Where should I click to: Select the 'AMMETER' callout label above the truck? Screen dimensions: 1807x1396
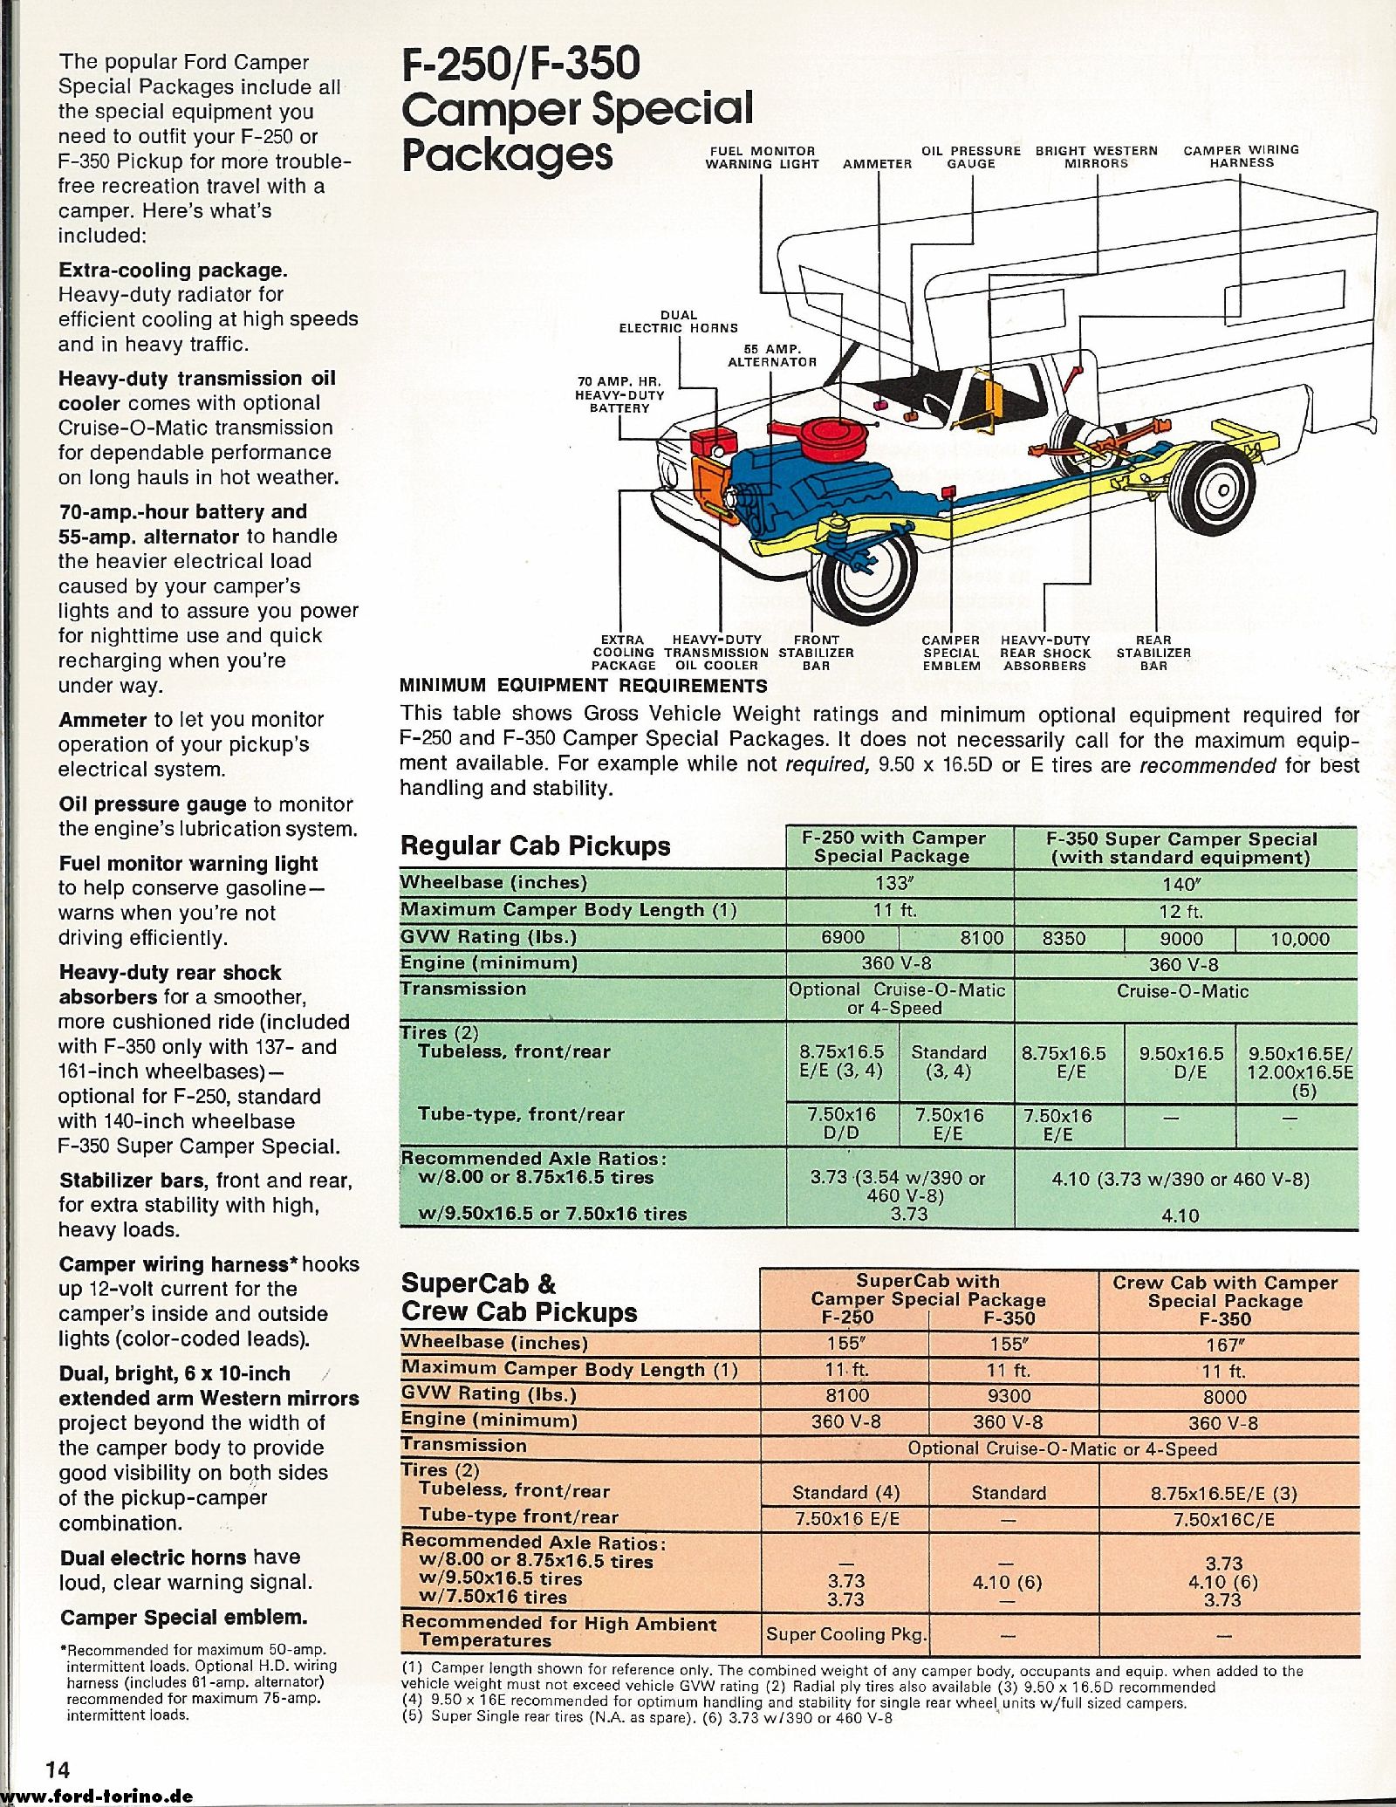tap(877, 163)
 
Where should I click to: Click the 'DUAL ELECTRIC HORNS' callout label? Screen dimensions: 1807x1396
tap(678, 321)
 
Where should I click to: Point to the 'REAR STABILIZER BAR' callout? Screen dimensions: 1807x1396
tap(1153, 653)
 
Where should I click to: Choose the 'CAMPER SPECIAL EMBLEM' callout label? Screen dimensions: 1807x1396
tap(951, 653)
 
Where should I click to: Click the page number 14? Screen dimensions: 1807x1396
tap(58, 1768)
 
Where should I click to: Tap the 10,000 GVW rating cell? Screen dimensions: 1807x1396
tap(1299, 939)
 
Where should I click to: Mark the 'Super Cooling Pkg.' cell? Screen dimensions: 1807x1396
tap(846, 1633)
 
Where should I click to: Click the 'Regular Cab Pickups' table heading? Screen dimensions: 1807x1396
tap(535, 845)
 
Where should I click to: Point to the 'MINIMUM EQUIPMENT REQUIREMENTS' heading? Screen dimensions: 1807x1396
tap(583, 686)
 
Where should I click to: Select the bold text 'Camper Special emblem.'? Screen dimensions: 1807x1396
tap(183, 1617)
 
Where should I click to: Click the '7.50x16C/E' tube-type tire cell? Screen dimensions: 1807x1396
tap(1224, 1520)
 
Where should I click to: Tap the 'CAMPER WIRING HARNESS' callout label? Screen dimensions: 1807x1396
tap(1241, 156)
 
